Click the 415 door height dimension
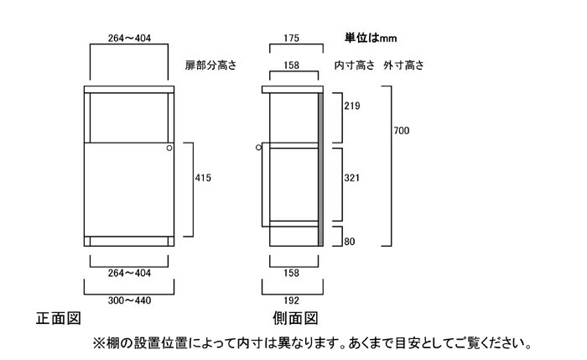(203, 178)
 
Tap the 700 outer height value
(402, 131)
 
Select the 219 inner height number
(352, 106)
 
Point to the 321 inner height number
(352, 178)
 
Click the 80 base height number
(350, 242)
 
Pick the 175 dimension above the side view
(291, 39)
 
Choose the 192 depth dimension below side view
(291, 300)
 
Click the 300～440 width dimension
(129, 300)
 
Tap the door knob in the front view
(169, 148)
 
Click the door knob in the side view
(258, 148)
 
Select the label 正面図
(59, 318)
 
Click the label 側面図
(295, 318)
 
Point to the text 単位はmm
(371, 39)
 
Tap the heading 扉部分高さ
(210, 65)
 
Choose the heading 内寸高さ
(354, 65)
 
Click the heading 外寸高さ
(403, 65)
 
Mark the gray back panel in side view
(320, 170)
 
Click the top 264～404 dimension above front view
(129, 39)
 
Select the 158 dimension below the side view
(291, 273)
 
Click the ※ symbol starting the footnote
(99, 343)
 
